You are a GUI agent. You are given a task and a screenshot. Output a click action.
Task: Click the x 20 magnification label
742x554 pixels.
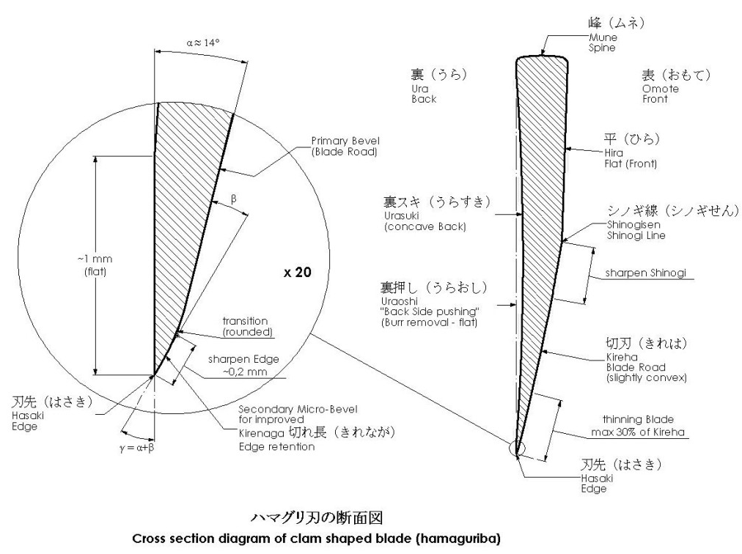pos(298,272)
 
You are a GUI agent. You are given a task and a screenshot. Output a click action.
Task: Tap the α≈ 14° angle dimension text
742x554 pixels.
pos(203,43)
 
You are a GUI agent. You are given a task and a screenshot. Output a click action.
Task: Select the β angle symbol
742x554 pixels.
pos(234,199)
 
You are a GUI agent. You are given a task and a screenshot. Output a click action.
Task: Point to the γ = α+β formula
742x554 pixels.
pos(137,448)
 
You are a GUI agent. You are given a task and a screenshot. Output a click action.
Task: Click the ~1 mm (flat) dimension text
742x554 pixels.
pos(95,265)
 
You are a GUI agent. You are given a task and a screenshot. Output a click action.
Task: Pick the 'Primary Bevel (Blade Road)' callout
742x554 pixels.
pos(345,147)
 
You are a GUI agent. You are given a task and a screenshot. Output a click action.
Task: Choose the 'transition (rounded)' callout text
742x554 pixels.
pos(248,326)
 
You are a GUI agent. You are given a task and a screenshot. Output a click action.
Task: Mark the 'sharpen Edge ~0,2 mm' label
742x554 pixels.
pos(243,365)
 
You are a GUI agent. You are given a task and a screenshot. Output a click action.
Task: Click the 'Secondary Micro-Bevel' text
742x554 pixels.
pos(298,409)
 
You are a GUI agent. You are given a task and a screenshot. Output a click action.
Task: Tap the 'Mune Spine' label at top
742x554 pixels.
pos(603,43)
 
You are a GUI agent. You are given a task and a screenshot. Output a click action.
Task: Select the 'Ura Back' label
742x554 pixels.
pos(424,94)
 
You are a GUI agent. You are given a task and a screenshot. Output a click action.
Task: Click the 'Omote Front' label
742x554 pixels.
pos(661,94)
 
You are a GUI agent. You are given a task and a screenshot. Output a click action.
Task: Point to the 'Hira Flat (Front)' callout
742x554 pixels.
pos(631,158)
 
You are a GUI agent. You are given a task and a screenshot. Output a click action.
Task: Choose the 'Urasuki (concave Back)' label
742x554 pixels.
pos(425,221)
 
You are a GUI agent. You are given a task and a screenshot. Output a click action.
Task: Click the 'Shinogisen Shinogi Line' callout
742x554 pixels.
pos(636,230)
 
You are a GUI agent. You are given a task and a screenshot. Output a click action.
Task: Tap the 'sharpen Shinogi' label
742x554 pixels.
pos(645,273)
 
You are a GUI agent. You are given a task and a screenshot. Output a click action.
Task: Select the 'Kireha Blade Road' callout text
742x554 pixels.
pos(636,362)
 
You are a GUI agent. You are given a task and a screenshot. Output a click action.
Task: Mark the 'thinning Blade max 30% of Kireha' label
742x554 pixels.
pos(638,425)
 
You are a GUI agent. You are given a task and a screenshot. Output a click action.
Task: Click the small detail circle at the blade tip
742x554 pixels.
pos(517,448)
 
